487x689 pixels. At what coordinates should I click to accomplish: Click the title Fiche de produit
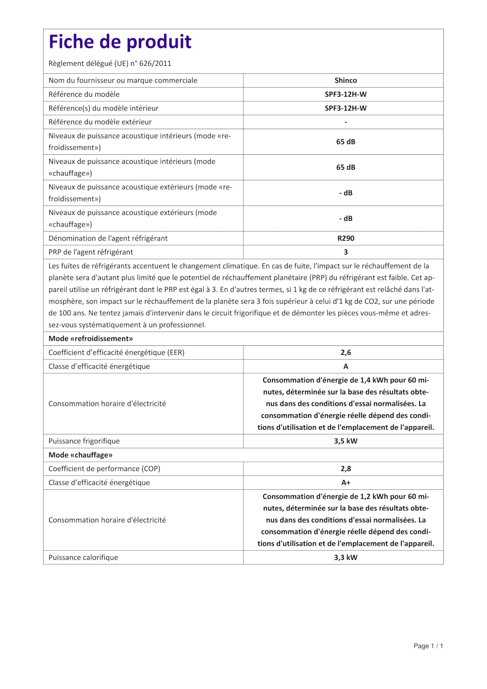pyautogui.click(x=120, y=42)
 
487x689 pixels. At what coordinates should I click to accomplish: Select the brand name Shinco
pyautogui.click(x=346, y=80)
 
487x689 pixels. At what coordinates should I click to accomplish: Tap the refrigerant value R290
pyautogui.click(x=346, y=238)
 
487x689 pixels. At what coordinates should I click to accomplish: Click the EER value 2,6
pyautogui.click(x=346, y=353)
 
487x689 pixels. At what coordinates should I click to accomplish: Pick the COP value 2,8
pyautogui.click(x=346, y=469)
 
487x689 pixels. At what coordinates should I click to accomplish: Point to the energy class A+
pyautogui.click(x=346, y=483)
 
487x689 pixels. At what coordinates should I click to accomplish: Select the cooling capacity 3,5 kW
pyautogui.click(x=346, y=441)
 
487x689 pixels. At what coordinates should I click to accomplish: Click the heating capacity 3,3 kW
pyautogui.click(x=346, y=558)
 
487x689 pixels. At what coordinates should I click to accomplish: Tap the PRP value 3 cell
pyautogui.click(x=346, y=252)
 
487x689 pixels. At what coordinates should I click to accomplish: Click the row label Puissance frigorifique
pyautogui.click(x=84, y=441)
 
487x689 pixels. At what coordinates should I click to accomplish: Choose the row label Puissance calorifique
pyautogui.click(x=83, y=558)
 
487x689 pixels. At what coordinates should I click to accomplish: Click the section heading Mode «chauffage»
pyautogui.click(x=80, y=455)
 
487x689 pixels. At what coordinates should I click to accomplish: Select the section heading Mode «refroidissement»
pyautogui.click(x=91, y=339)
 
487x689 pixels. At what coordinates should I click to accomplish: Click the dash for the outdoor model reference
pyautogui.click(x=346, y=122)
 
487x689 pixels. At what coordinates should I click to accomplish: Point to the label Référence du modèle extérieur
pyautogui.click(x=100, y=122)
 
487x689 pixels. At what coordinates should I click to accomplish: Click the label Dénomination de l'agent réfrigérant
pyautogui.click(x=108, y=238)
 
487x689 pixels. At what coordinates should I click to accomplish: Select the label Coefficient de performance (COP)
pyautogui.click(x=104, y=469)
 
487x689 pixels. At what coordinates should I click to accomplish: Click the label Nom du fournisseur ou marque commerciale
pyautogui.click(x=123, y=80)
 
